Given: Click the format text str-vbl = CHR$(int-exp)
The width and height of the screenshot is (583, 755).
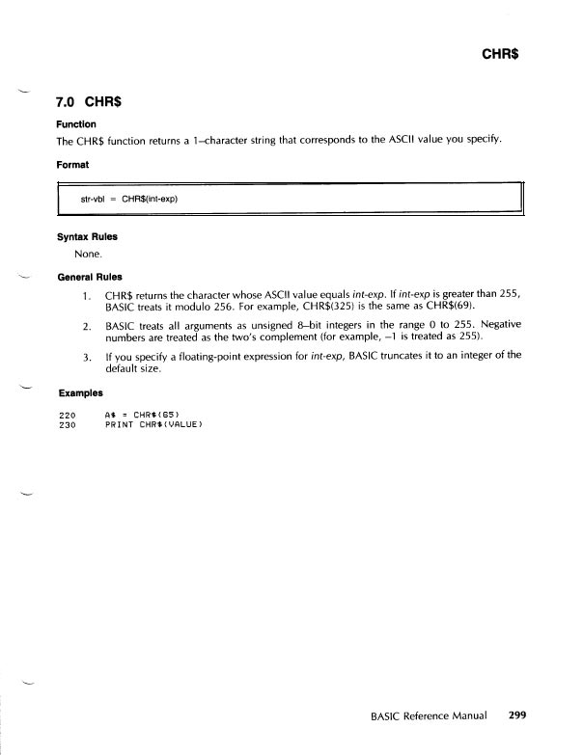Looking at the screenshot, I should click(129, 200).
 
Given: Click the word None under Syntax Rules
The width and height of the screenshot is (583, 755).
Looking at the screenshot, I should click(88, 255).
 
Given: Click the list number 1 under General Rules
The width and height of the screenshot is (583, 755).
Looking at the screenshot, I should click(86, 294).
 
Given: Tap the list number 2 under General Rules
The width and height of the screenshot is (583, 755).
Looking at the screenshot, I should click(86, 326).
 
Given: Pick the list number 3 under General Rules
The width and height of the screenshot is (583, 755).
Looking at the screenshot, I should click(86, 356).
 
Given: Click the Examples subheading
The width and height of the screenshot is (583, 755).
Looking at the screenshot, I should click(80, 393).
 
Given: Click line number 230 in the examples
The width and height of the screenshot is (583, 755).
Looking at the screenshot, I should click(67, 424).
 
